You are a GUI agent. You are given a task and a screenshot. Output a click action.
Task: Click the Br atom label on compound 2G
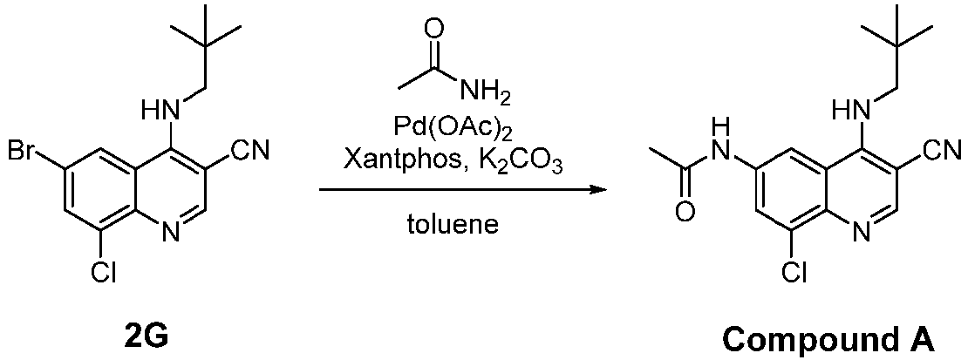(23, 150)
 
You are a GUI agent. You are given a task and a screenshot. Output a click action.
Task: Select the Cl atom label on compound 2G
(106, 273)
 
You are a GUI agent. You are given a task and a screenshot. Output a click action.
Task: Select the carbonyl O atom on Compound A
(685, 212)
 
